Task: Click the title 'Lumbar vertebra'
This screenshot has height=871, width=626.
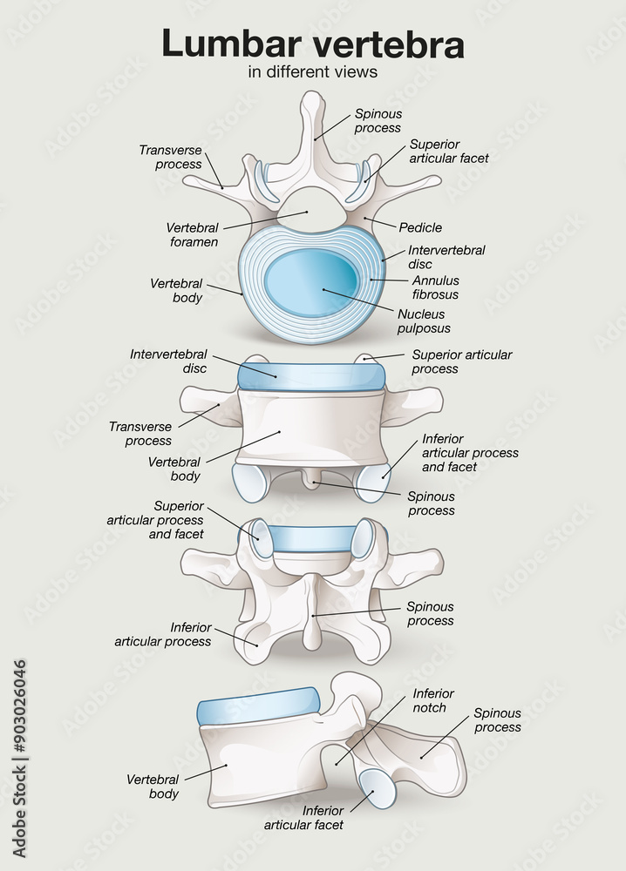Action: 313,44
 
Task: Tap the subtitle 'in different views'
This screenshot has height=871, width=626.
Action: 313,72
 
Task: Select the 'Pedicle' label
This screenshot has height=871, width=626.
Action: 420,228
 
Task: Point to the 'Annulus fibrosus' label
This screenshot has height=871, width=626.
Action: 435,288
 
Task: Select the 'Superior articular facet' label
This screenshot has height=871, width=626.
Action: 448,152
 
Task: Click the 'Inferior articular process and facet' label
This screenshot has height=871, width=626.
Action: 470,453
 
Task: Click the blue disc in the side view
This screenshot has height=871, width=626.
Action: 258,706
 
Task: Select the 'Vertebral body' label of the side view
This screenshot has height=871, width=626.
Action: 153,787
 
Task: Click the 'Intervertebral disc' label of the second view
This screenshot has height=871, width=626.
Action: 168,361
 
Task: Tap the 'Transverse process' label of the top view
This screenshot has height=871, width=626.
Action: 170,158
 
